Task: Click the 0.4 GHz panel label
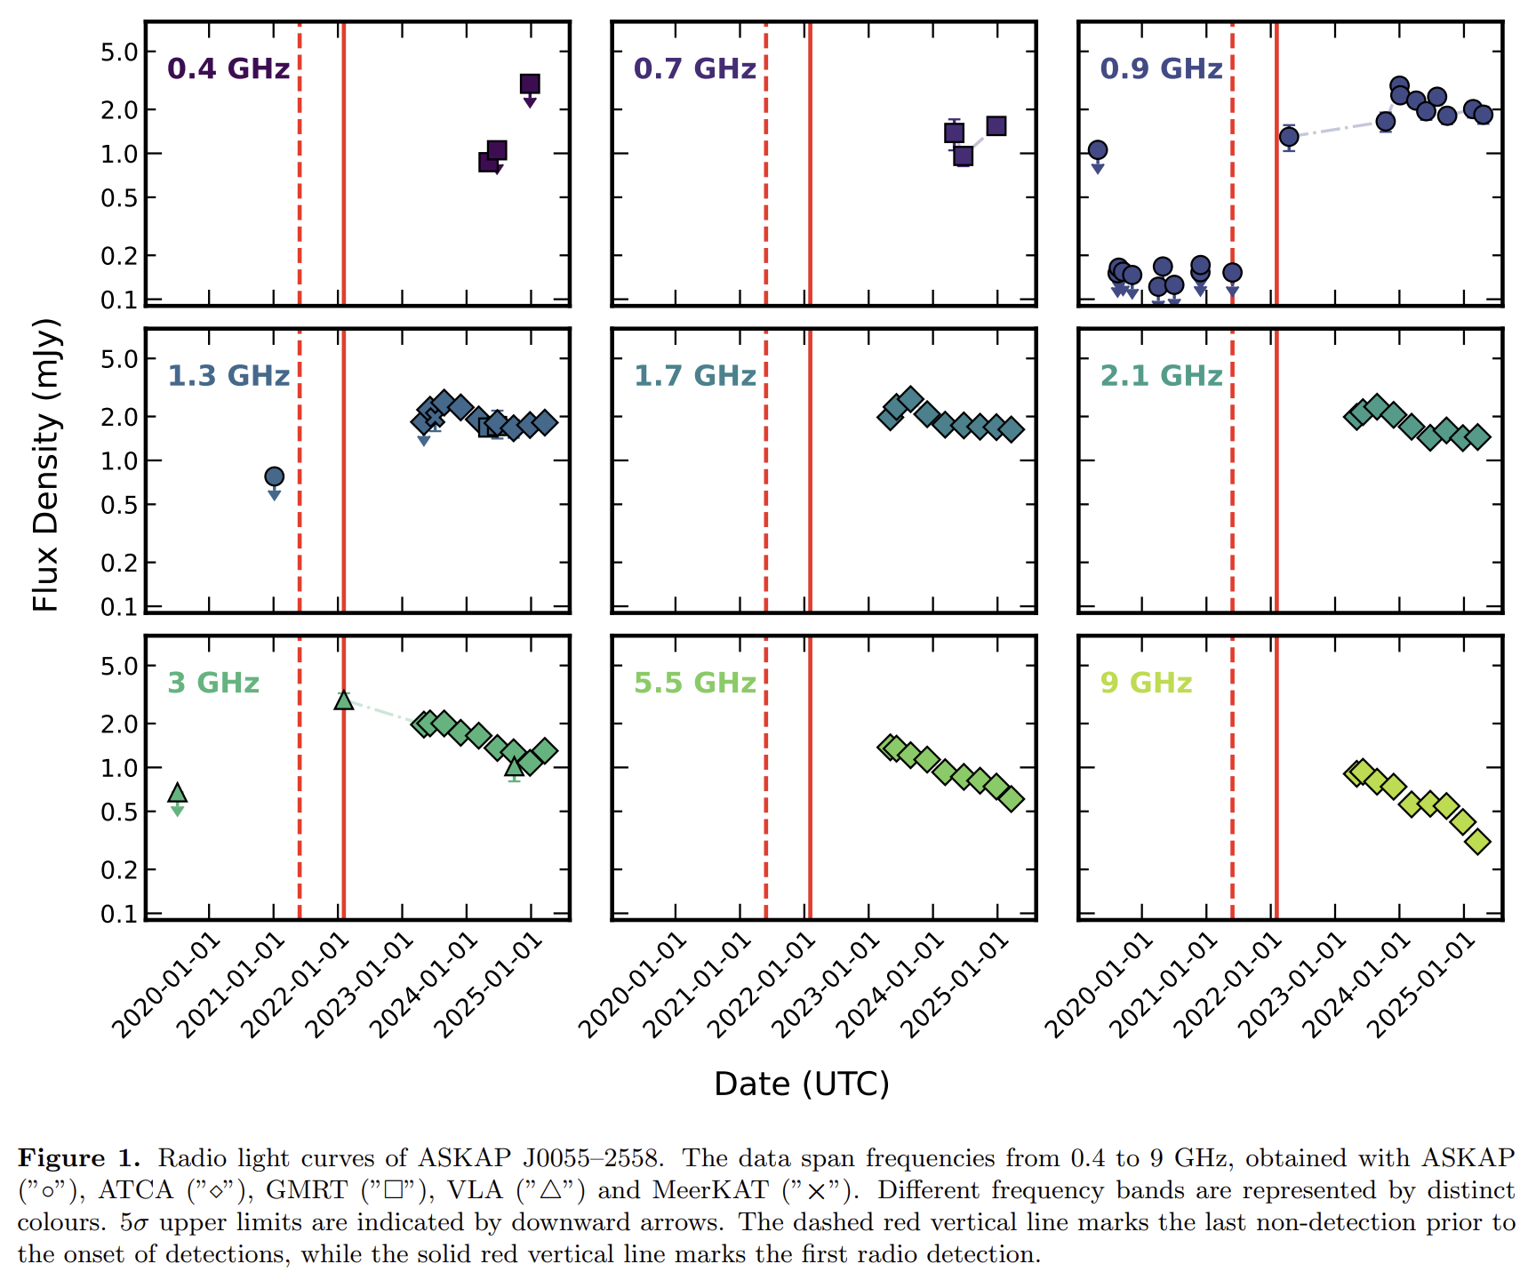(x=228, y=68)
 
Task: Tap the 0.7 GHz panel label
(x=694, y=68)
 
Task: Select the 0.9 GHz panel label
(x=1161, y=68)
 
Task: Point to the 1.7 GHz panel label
(x=694, y=376)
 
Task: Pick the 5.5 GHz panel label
(x=694, y=683)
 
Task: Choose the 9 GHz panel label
(x=1146, y=683)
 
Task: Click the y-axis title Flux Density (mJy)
(x=45, y=465)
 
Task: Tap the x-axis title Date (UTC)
(x=801, y=1084)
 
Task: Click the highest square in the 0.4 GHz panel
(x=530, y=84)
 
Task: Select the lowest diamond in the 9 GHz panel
(x=1477, y=841)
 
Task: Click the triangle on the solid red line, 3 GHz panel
(x=344, y=700)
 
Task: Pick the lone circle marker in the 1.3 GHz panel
(x=275, y=476)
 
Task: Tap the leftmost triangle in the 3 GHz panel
(x=178, y=793)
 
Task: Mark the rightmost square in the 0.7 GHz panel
(x=996, y=126)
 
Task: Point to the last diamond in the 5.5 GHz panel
(x=1011, y=799)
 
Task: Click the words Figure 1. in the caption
(x=79, y=1158)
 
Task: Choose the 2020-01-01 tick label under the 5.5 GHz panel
(x=633, y=987)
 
